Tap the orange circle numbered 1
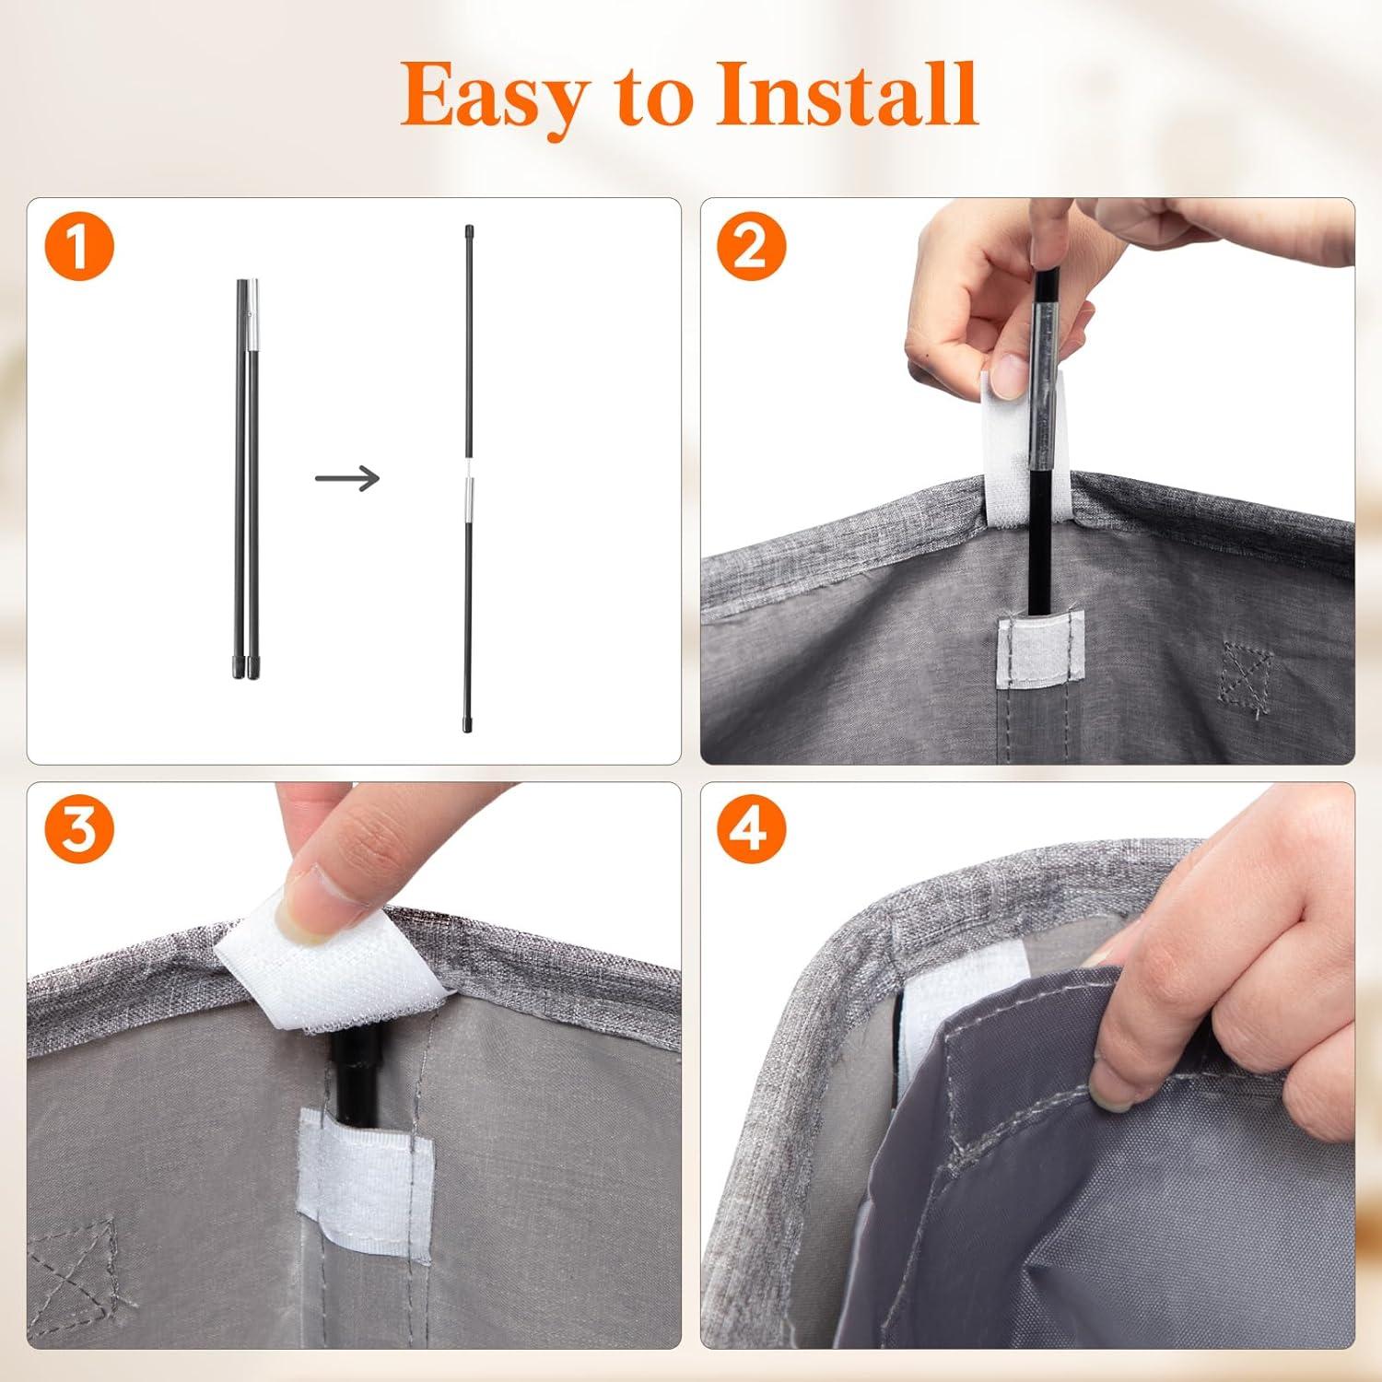pos(78,248)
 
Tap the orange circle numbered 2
pos(751,247)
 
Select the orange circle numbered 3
pos(78,832)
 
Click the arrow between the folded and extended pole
pos(346,478)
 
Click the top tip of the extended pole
pos(469,228)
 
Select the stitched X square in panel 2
pos(1247,674)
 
